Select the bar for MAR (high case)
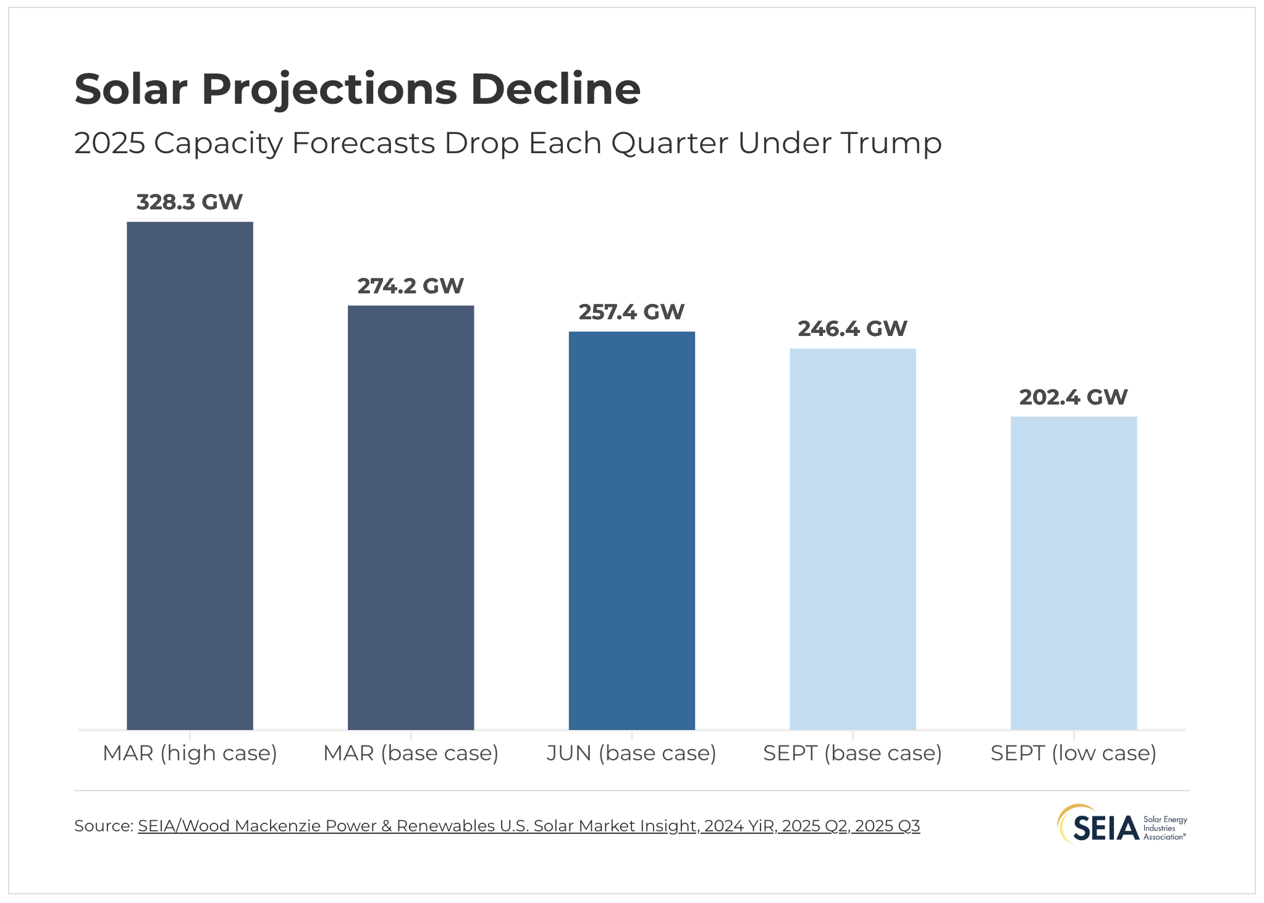[x=190, y=476]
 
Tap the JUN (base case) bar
[x=631, y=531]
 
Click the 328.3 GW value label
[x=190, y=202]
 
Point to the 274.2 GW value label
[x=411, y=286]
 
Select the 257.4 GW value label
[x=631, y=312]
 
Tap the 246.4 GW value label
[x=853, y=329]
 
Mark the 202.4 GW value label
[x=1073, y=397]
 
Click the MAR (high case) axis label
[x=190, y=753]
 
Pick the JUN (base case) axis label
[x=631, y=753]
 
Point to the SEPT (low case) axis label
[x=1073, y=753]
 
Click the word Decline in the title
[x=555, y=89]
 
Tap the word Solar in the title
[x=130, y=89]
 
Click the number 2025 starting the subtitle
[x=109, y=143]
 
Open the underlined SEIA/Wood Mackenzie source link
[x=528, y=826]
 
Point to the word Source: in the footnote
[x=103, y=826]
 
